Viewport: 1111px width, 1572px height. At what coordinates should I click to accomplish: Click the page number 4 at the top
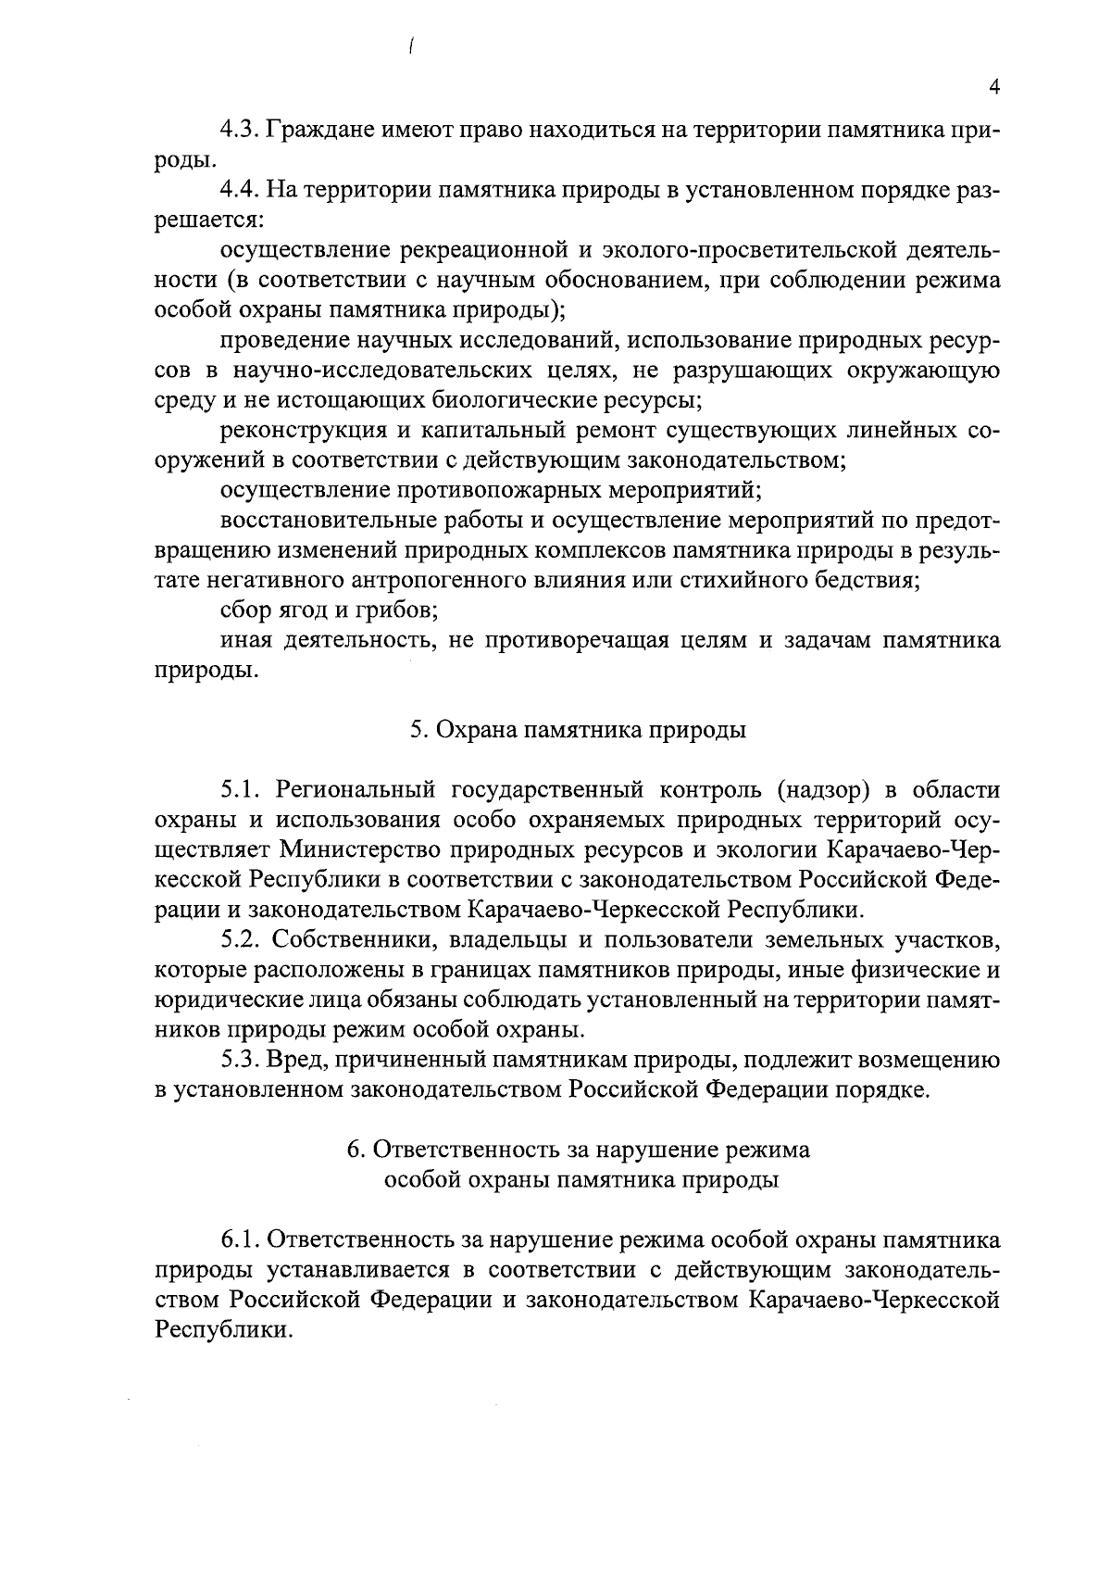click(994, 87)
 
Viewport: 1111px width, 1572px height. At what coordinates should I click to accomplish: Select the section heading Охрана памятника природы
click(578, 731)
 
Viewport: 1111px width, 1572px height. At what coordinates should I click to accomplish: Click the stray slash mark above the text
click(408, 47)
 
